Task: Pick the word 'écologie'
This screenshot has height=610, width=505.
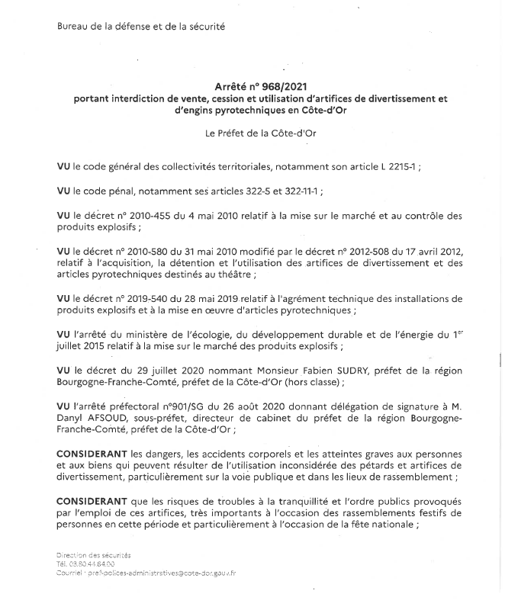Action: (226, 335)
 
